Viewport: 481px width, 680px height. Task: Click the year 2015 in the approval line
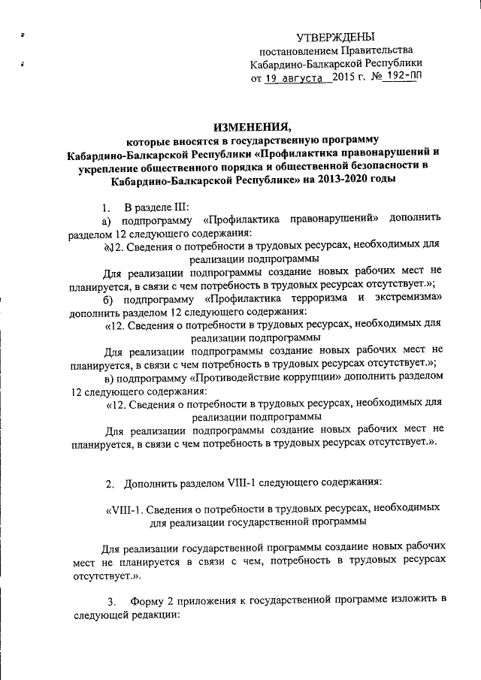click(x=346, y=77)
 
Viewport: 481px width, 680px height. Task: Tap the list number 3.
click(x=111, y=600)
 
